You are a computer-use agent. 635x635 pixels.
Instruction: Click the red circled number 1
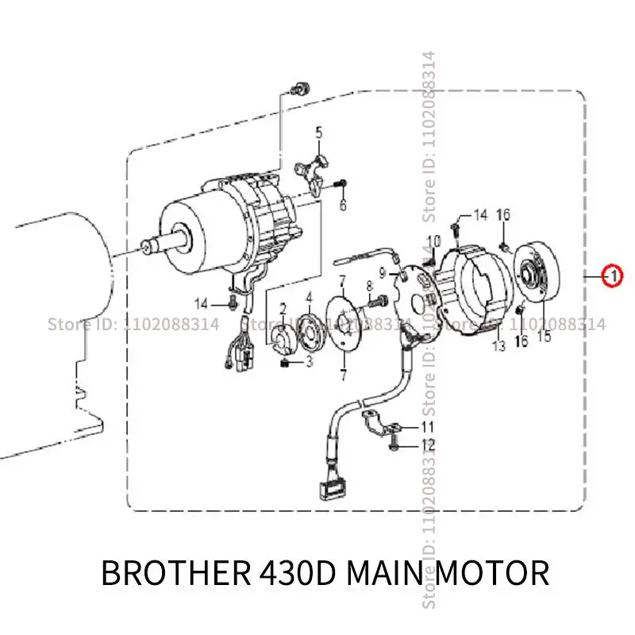pyautogui.click(x=613, y=275)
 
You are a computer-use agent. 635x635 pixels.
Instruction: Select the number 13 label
pyautogui.click(x=498, y=346)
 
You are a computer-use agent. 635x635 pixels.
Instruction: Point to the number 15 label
pyautogui.click(x=544, y=335)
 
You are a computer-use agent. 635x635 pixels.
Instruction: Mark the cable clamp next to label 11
pyautogui.click(x=372, y=421)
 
